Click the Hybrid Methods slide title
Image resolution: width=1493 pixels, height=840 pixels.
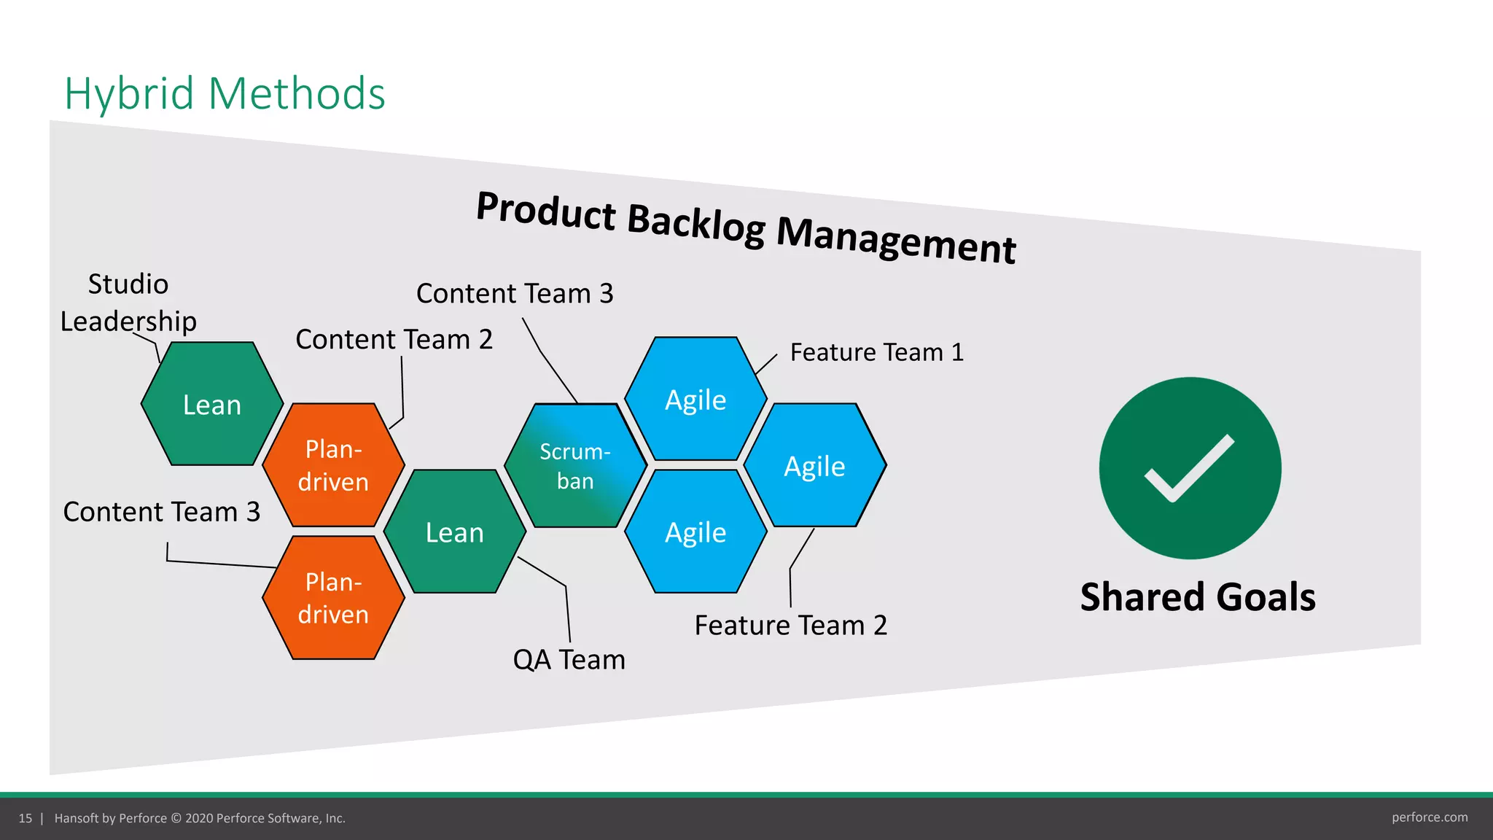[x=225, y=93]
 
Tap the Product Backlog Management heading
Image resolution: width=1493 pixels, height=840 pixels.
[x=745, y=227]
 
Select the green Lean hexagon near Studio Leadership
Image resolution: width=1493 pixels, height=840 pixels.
[x=212, y=404]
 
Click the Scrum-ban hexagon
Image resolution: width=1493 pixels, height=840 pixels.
[x=575, y=466]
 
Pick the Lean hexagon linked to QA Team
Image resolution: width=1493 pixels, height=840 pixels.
[x=454, y=532]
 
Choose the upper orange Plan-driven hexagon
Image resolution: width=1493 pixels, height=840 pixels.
[x=333, y=465]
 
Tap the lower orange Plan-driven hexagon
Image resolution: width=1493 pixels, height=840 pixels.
[x=333, y=598]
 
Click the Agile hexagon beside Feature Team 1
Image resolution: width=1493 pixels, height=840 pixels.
[x=695, y=400]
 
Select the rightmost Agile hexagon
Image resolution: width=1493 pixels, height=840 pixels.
[x=814, y=466]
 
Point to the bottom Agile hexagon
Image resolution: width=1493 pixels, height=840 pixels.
[x=695, y=532]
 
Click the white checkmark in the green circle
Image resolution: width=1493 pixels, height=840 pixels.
[x=1190, y=468]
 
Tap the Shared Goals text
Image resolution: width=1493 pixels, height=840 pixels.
[x=1198, y=596]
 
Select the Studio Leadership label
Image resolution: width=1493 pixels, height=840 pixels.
[x=128, y=303]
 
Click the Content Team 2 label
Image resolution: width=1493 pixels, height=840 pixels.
[x=394, y=339]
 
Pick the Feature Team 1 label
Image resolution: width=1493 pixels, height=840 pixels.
[x=876, y=352]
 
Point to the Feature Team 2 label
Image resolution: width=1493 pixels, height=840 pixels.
[x=790, y=625]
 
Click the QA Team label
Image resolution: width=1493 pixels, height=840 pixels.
[x=569, y=659]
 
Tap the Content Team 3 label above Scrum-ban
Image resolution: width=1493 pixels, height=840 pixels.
[x=515, y=293]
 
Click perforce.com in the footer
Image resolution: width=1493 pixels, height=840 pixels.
[x=1429, y=817]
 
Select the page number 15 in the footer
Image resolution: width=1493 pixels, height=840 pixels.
[x=26, y=818]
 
